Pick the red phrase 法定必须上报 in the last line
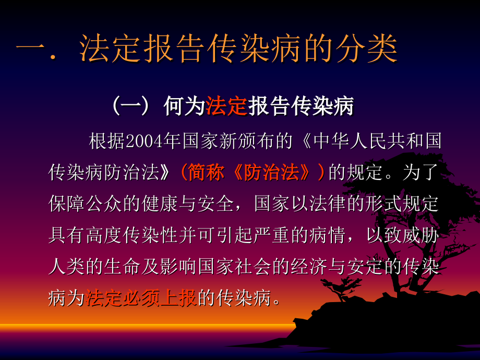coord(141,299)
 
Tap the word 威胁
coord(422,236)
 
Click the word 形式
coord(380,204)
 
